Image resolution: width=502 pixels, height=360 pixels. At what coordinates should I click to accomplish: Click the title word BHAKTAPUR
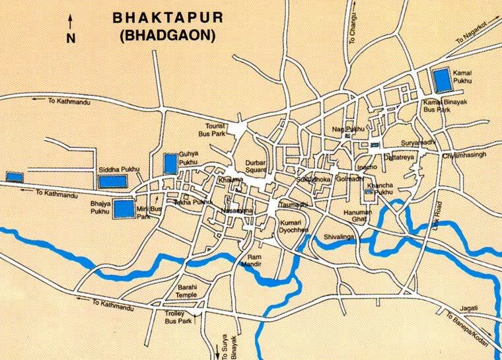coord(168,17)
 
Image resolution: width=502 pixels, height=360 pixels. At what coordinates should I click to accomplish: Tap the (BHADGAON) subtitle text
coord(168,36)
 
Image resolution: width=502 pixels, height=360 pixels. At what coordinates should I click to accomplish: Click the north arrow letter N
coord(71,39)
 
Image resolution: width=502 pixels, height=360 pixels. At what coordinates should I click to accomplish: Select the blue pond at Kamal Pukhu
coord(441,80)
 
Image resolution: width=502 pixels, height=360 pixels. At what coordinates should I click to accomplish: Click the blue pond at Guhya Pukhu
coord(170,162)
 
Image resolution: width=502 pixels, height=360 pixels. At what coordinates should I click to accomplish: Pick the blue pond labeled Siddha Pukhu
coord(111,182)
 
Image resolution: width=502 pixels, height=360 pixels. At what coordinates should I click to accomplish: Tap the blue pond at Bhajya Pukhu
coord(123,209)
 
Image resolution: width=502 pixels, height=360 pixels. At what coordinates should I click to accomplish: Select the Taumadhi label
coord(294,204)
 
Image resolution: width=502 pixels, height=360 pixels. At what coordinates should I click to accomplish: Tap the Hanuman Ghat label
coord(357,215)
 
